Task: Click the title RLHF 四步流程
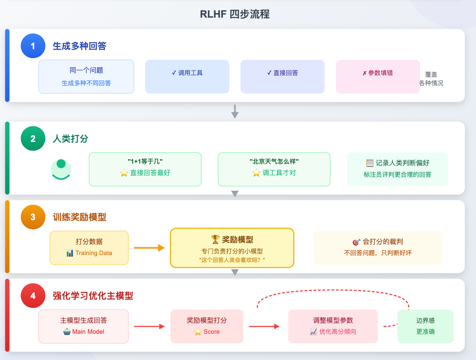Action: (x=234, y=14)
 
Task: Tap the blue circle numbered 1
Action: (x=33, y=46)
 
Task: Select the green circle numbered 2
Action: (x=33, y=139)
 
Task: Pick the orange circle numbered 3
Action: (x=33, y=217)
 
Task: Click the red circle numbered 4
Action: (x=33, y=296)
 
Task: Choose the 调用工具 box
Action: (x=187, y=77)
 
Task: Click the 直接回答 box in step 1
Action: (x=282, y=77)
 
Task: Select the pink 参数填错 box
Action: (x=377, y=77)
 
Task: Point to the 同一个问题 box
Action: (x=86, y=77)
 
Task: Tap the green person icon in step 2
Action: (x=61, y=169)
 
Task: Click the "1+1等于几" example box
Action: (x=145, y=169)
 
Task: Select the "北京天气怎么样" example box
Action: (x=274, y=169)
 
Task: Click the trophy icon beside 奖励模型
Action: (x=215, y=239)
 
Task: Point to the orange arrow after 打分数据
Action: (x=149, y=248)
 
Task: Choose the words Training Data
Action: (x=93, y=253)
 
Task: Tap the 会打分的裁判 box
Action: (x=378, y=248)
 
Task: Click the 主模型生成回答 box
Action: (x=83, y=326)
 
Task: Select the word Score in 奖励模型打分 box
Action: (x=211, y=332)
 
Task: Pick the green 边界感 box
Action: (x=425, y=326)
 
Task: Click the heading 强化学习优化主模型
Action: (x=93, y=296)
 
